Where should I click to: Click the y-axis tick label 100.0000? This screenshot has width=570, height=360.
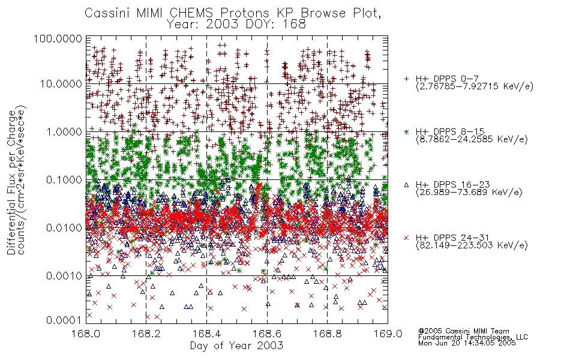coord(58,38)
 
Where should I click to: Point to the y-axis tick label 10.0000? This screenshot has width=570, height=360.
coord(61,84)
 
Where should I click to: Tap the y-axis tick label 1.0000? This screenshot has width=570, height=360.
coord(64,132)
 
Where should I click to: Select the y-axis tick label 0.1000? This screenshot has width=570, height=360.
coord(64,180)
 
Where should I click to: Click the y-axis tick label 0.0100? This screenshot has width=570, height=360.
coord(64,228)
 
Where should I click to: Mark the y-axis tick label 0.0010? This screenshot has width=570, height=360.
coord(64,276)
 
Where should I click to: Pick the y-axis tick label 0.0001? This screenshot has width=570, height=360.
coord(64,320)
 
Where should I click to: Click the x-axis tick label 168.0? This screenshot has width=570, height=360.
coord(86,334)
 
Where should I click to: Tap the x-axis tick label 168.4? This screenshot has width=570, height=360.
coord(206,334)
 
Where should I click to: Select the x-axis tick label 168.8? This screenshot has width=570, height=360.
coord(327,334)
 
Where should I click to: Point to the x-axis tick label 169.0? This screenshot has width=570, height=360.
coord(388,334)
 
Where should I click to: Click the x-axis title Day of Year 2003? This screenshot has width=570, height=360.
coord(236,346)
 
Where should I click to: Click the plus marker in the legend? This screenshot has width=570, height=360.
coord(406,79)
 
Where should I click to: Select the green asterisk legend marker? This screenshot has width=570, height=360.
coord(406,131)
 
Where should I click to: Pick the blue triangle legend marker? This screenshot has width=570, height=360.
coord(406,185)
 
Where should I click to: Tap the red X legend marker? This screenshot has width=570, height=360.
coord(406,238)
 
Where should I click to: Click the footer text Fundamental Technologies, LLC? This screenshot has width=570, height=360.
coord(473,337)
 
